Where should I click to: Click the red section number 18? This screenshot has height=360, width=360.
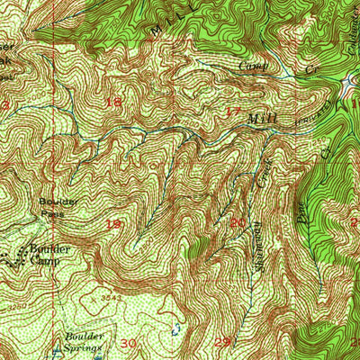click(114, 102)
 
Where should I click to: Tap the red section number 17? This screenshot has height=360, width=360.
click(234, 113)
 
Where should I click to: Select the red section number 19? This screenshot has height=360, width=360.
click(114, 222)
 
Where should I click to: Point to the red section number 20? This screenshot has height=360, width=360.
click(238, 222)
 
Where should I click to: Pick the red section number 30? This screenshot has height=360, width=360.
click(128, 343)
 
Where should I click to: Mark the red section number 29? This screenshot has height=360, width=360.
click(222, 342)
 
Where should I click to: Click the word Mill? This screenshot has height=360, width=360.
click(261, 118)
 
